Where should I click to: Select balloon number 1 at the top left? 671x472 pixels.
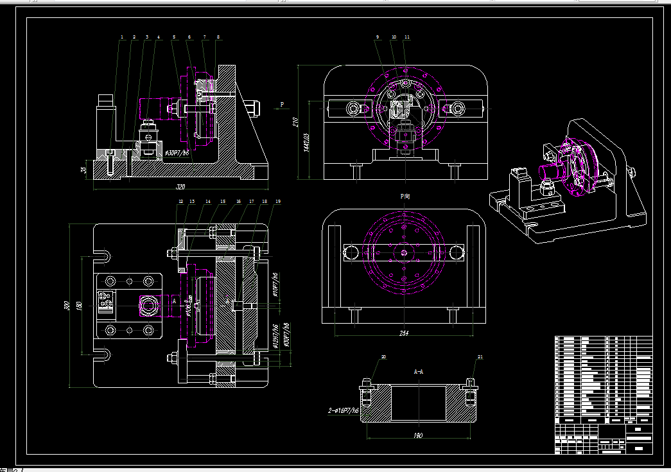(121, 37)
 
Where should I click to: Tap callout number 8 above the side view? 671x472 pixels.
(218, 37)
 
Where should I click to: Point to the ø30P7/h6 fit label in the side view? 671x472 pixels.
(177, 153)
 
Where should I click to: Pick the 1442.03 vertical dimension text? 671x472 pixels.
(307, 142)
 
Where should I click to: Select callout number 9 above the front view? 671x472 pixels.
(378, 37)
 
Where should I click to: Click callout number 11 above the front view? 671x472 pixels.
(407, 37)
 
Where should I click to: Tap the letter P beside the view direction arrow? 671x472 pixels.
(281, 103)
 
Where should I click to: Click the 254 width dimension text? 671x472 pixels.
(404, 333)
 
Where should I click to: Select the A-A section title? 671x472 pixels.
(418, 371)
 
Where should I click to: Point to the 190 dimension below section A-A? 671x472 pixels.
(418, 436)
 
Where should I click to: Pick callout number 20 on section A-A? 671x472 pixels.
(384, 357)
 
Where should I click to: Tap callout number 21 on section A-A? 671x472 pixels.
(480, 357)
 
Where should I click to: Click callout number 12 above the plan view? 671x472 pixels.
(180, 202)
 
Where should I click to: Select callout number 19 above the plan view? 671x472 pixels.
(278, 202)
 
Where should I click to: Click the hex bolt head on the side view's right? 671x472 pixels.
(253, 108)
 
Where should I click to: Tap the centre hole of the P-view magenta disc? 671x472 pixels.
(405, 252)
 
